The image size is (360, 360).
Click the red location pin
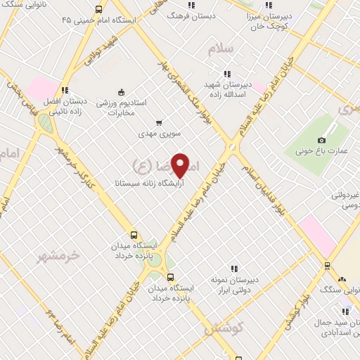click(x=181, y=165)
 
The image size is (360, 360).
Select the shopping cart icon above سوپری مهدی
click(x=159, y=122)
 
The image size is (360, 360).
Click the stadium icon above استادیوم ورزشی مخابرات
click(x=120, y=91)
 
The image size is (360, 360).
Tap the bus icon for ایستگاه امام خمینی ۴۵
click(x=98, y=10)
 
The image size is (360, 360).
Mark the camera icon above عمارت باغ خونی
click(x=321, y=140)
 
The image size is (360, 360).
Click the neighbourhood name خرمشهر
click(x=59, y=255)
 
